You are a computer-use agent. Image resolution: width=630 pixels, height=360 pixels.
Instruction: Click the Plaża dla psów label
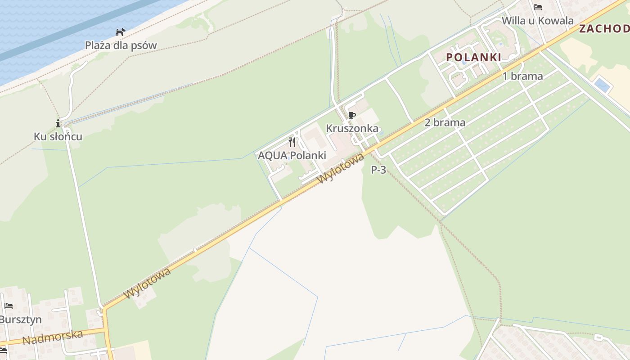tap(121, 45)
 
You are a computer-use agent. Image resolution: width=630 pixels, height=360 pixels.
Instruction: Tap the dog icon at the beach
tap(120, 32)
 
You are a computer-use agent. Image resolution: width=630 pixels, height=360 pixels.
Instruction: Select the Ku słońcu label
tap(58, 136)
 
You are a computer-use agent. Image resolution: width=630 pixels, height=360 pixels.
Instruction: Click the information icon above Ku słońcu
tap(58, 123)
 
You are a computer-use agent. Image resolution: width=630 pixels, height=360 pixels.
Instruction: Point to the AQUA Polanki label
tap(292, 156)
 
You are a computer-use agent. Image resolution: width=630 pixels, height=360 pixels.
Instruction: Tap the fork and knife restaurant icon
tap(292, 142)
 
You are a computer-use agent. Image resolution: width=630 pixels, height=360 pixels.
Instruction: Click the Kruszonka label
tap(352, 128)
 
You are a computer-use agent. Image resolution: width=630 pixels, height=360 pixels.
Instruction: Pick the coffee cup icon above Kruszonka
tap(352, 116)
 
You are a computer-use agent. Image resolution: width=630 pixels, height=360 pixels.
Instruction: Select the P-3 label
tap(378, 170)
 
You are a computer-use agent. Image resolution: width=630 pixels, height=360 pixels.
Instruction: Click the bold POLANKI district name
tap(473, 57)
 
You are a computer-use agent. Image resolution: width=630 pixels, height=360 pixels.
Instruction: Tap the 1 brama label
tap(522, 76)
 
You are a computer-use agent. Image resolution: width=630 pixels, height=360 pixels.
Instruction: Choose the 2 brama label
tap(445, 122)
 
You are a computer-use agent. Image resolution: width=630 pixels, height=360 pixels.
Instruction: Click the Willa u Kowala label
tap(537, 21)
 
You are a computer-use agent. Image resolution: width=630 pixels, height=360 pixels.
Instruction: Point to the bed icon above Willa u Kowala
tap(537, 7)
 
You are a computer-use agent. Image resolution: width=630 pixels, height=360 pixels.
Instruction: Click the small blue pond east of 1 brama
tap(602, 84)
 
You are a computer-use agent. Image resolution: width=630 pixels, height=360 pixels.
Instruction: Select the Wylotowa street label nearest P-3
tap(341, 168)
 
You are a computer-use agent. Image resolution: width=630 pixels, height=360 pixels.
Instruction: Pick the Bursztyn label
tap(21, 319)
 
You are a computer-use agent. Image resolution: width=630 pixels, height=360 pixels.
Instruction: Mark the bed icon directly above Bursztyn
tap(9, 306)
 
